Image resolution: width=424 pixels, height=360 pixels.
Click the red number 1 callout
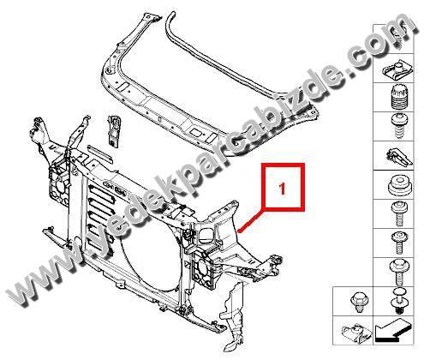point(282,189)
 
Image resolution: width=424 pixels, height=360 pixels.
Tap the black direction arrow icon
point(393,331)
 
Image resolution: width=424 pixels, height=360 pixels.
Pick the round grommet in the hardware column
point(399,185)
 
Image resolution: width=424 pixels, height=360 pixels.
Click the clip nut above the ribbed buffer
point(397,70)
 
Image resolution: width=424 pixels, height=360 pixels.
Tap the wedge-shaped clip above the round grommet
point(399,156)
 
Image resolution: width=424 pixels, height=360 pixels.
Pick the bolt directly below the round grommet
point(399,213)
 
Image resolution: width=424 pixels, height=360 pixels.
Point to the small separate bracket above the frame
point(113,130)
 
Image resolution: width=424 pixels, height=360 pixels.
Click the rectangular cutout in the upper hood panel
point(197,132)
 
